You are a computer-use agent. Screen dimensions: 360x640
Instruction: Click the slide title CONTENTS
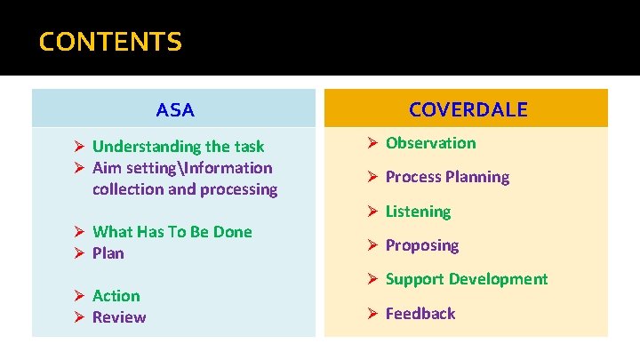coord(110,42)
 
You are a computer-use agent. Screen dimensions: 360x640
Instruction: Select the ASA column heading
coord(174,110)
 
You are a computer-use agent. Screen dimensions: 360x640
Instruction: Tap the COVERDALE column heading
coord(468,109)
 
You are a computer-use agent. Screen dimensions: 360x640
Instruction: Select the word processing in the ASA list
coord(239,189)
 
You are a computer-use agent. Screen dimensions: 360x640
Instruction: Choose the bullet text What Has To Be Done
coord(172,232)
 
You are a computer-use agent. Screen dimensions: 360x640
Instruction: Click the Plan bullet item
coord(108,253)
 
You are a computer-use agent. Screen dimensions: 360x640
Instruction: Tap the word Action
coord(116,296)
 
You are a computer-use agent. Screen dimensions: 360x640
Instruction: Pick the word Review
coord(119,317)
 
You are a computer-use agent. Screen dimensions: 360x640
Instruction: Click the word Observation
coord(430,143)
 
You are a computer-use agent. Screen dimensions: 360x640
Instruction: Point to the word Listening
coord(418,212)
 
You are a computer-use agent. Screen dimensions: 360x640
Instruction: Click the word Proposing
coord(421,245)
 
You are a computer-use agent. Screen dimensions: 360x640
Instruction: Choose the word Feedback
coord(420,314)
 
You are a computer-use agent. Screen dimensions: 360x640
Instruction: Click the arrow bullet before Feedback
coord(372,314)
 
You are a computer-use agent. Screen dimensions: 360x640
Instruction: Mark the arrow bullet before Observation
coord(372,143)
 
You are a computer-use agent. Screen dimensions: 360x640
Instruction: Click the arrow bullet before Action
coord(78,296)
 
